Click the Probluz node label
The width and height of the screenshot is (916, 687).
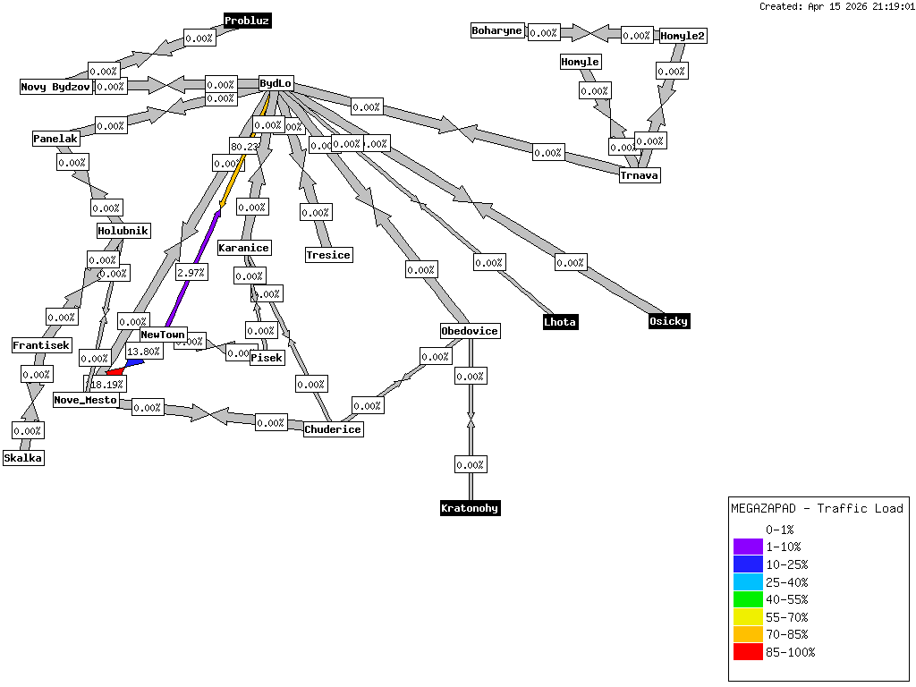coord(247,21)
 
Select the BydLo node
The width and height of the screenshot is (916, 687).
coord(276,84)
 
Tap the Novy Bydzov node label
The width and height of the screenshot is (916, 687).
coord(56,87)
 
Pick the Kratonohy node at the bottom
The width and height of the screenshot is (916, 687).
coord(470,508)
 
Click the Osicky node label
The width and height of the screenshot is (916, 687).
coord(669,321)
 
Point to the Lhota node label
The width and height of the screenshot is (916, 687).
coord(561,322)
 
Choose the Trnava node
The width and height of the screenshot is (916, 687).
coord(640,175)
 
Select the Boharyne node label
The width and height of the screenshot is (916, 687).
coord(496,31)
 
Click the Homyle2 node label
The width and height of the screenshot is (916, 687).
coord(683,36)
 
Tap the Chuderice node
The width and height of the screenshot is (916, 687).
coord(333,429)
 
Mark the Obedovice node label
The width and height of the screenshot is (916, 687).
coord(470,331)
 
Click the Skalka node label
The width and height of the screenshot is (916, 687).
coord(23,458)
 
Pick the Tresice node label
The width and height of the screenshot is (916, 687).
coord(328,255)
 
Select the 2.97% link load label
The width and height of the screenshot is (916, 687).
coord(191,273)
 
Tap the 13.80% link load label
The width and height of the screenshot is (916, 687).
coord(144,352)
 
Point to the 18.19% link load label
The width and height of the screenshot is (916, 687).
coord(106,383)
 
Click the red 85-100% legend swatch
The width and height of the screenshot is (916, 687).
coord(747,652)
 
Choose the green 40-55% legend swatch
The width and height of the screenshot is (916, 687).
coord(747,599)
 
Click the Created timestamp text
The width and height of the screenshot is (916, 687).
coord(836,6)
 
